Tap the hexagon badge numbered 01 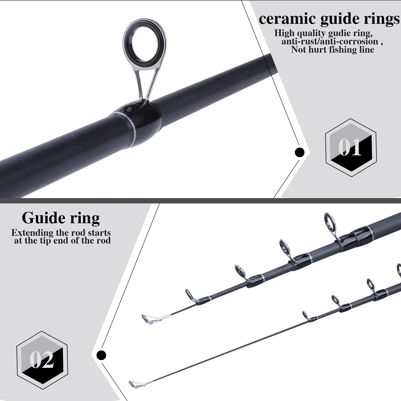(351, 148)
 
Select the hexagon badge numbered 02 (42, 360)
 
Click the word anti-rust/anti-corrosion (330, 41)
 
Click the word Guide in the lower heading (40, 218)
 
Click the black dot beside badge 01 (299, 152)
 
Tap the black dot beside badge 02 (101, 355)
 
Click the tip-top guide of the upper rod (146, 318)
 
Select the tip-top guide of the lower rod (133, 384)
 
